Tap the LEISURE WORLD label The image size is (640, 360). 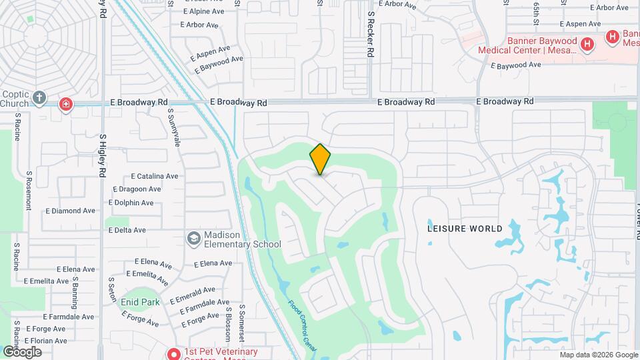click(465, 229)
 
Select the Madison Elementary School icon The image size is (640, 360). click(193, 238)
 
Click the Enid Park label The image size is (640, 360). click(140, 302)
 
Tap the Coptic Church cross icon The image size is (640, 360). click(39, 99)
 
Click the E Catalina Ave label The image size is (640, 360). click(155, 177)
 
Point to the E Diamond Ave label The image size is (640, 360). click(70, 211)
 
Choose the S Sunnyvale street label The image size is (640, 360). click(175, 128)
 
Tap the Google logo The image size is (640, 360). click(22, 352)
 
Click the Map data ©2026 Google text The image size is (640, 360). click(598, 355)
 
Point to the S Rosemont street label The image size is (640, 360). click(29, 190)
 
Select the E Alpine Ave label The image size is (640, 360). click(207, 11)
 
